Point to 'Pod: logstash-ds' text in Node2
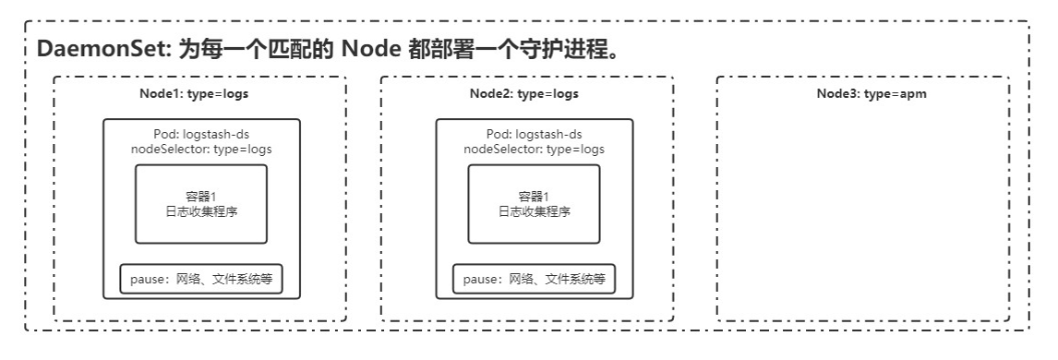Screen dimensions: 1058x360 pos(534,135)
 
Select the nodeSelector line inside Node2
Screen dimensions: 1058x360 pos(534,150)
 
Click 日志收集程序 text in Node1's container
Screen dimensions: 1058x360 pos(201,211)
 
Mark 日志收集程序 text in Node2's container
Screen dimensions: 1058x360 pos(534,211)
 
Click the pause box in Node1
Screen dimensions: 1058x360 pos(200,279)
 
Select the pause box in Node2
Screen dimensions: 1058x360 pos(534,279)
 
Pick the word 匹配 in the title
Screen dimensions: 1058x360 pos(285,50)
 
